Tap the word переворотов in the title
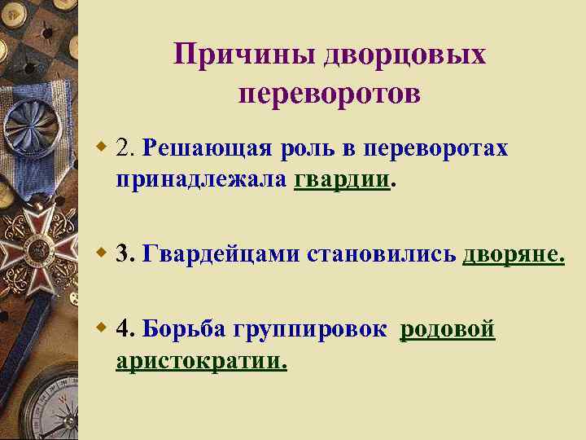coord(330,95)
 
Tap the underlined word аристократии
coord(201,360)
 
